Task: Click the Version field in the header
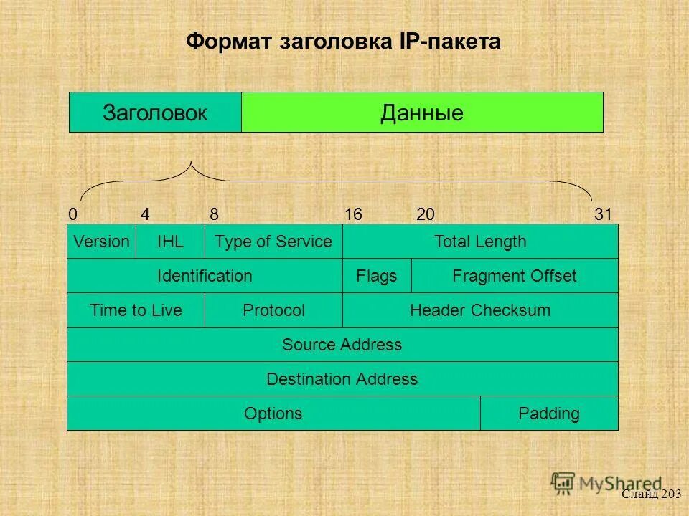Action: (x=101, y=242)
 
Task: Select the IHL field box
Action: (x=170, y=242)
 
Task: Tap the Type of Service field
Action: (x=273, y=242)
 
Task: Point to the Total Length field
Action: (x=479, y=242)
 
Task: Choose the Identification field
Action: (x=205, y=276)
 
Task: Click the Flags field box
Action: (x=377, y=276)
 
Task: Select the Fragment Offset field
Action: (x=514, y=276)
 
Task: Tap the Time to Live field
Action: (x=136, y=310)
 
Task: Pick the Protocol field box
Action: (x=273, y=310)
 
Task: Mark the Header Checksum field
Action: (x=479, y=310)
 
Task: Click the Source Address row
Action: (x=342, y=345)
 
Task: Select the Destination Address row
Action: (x=342, y=379)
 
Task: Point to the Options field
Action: (x=273, y=414)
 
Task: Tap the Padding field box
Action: (x=548, y=414)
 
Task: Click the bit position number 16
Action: (x=352, y=214)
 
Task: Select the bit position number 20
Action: (x=425, y=214)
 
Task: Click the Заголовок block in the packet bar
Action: (x=155, y=113)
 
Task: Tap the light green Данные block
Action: (x=422, y=113)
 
